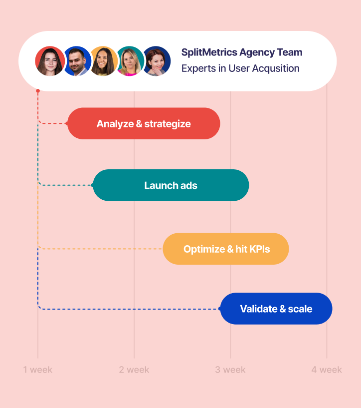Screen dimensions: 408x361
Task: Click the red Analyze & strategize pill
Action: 144,123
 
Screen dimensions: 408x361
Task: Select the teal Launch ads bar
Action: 171,185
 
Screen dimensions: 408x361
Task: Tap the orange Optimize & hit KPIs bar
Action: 226,249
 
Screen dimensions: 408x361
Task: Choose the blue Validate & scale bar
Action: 276,309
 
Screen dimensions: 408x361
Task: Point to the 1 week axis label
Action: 38,370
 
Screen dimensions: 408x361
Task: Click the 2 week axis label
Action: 134,370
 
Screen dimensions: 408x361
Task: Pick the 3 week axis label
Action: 230,370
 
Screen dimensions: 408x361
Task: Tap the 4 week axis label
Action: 327,370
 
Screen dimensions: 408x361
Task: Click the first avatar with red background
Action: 50,61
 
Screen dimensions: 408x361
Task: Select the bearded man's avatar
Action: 77,61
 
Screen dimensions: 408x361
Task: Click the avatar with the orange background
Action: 104,61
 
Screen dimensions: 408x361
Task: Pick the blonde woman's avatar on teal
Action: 130,61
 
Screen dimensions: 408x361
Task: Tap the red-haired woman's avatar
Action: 157,61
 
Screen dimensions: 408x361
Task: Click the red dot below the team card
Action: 38,90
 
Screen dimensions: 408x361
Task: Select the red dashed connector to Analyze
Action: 52,123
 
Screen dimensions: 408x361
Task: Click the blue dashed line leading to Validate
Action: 130,309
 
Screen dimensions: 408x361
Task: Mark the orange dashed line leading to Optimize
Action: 100,249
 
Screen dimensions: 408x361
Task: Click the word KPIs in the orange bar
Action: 259,249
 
